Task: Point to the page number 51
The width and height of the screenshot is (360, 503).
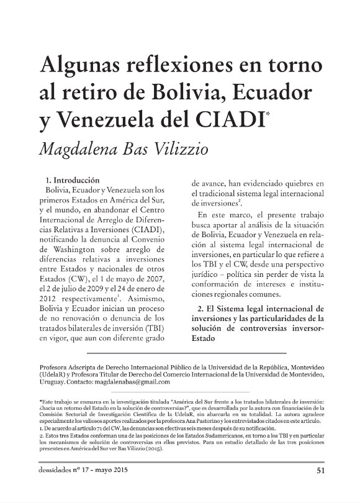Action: [321, 487]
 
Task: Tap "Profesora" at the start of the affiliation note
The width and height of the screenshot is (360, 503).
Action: [55, 368]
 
